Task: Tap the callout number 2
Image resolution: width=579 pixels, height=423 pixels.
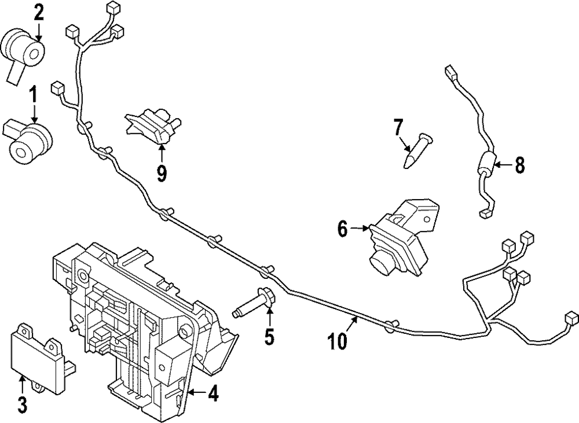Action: [38, 12]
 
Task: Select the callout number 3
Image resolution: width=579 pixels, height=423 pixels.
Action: [21, 404]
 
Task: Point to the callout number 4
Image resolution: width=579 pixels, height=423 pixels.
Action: [212, 394]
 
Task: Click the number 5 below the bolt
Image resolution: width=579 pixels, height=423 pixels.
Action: [269, 336]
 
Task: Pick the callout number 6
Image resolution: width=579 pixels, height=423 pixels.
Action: [342, 229]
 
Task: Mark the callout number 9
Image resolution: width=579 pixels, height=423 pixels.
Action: [161, 172]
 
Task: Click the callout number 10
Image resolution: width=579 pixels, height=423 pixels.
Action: [338, 341]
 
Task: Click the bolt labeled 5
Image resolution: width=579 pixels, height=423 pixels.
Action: [252, 305]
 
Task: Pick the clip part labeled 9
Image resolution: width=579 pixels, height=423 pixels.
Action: [152, 124]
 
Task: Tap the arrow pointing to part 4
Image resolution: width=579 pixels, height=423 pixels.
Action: [195, 394]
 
